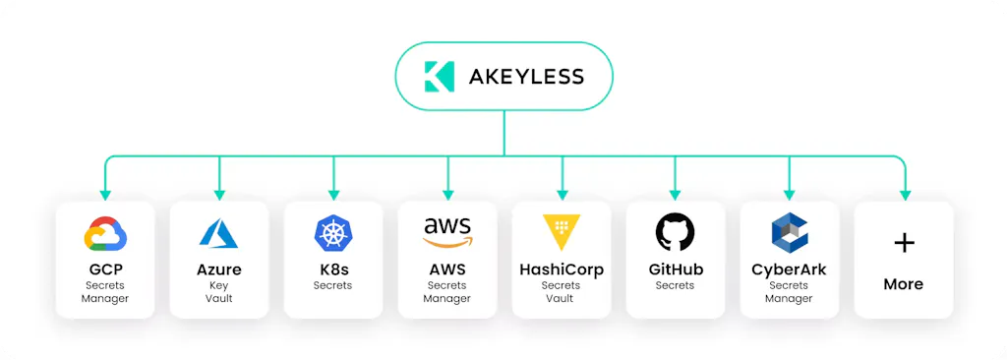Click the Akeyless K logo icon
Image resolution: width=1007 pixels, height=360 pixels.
[x=440, y=77]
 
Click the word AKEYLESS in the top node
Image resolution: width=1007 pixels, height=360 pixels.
[x=526, y=77]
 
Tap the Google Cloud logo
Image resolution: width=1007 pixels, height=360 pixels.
[x=105, y=233]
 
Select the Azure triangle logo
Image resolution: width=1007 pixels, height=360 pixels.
[x=219, y=233]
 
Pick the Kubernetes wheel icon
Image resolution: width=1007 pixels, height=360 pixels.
[x=333, y=233]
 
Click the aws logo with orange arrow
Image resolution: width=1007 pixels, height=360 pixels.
[x=447, y=233]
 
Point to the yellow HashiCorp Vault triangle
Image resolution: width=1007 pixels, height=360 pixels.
[x=562, y=232]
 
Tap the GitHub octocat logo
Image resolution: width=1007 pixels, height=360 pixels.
[x=675, y=232]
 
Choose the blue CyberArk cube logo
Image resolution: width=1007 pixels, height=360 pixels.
[x=790, y=231]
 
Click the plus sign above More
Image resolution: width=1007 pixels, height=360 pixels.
[x=904, y=242]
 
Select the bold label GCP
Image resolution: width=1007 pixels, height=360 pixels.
[x=105, y=269]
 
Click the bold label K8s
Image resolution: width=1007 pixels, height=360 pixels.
[x=333, y=269]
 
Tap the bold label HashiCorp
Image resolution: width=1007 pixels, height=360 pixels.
[x=562, y=270]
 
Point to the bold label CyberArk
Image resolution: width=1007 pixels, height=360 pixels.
[x=790, y=270]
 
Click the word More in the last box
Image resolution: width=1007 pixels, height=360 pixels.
[x=904, y=284]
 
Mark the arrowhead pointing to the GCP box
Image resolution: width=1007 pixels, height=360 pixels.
[x=105, y=195]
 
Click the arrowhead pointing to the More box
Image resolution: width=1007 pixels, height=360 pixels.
[x=905, y=195]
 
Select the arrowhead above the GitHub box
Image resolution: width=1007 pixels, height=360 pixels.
[x=675, y=195]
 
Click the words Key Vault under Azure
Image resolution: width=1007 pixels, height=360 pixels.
[x=219, y=292]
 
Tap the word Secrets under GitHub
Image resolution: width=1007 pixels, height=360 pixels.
[x=675, y=285]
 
